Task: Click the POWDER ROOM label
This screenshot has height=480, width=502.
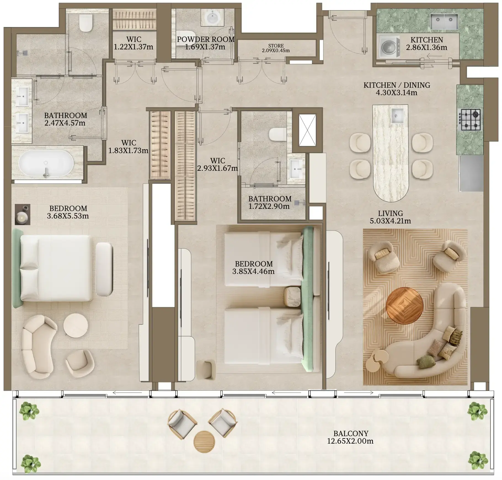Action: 206,39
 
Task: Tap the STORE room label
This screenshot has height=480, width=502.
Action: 276,46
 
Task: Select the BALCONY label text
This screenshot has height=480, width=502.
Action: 351,434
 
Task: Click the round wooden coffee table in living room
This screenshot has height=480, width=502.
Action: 404,306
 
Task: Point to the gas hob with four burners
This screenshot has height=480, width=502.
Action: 470,120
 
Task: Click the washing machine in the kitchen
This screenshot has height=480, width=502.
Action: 389,47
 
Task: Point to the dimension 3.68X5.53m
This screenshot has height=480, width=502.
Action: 68,216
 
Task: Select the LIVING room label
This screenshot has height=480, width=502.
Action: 390,213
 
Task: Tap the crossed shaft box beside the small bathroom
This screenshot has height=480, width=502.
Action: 307,130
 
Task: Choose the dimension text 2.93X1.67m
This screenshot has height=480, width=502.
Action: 217,168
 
